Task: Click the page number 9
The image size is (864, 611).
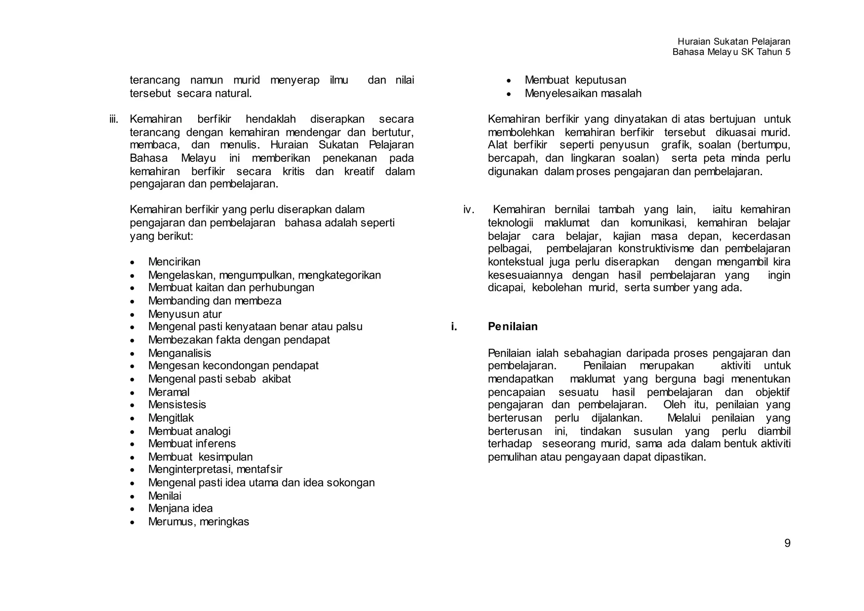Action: coord(787,543)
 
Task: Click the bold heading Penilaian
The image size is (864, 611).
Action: coord(513,326)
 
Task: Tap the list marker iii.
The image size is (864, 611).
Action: coord(113,119)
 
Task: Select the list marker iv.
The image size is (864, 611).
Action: coord(469,210)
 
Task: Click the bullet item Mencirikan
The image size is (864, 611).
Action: coord(174,262)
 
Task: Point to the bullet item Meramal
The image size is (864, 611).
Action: coord(169,392)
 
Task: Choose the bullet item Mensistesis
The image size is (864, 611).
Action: coord(177,405)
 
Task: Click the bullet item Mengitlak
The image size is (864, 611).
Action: coord(171,418)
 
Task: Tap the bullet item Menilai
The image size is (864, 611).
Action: coord(165,496)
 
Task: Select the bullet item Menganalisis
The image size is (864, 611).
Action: coord(179,353)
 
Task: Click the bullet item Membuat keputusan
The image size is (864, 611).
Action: coord(575,80)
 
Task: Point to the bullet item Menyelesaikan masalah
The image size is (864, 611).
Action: coord(583,93)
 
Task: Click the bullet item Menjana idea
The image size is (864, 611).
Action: coord(180,508)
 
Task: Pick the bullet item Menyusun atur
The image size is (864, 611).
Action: coord(185,314)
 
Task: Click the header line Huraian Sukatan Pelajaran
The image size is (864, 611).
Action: coord(734,41)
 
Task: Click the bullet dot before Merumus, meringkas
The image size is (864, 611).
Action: coord(132,522)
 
